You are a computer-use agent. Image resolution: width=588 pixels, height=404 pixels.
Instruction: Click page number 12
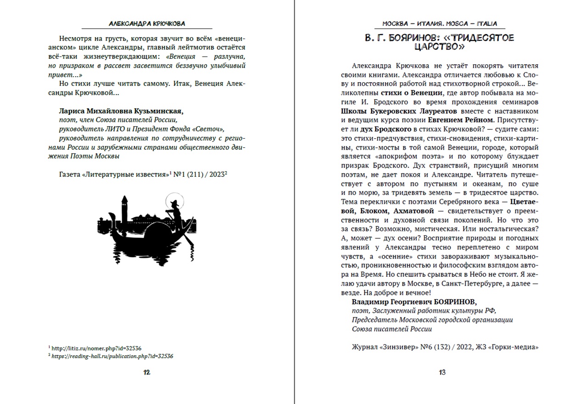[147, 372]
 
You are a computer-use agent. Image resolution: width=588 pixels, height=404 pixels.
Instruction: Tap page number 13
[442, 372]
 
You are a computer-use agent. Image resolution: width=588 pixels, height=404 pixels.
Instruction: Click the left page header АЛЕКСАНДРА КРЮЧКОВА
[147, 23]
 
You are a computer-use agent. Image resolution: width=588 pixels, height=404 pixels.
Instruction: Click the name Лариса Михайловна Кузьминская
[121, 111]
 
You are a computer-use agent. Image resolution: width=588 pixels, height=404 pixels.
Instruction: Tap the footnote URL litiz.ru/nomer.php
[99, 348]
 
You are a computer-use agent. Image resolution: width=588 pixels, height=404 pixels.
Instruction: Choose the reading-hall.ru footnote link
[113, 356]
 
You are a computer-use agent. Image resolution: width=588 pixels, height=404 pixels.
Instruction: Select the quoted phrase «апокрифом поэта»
[392, 157]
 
